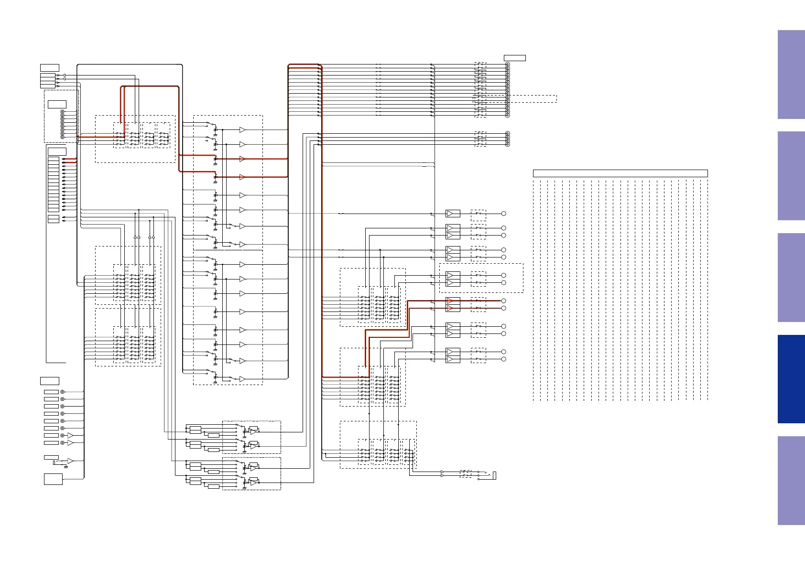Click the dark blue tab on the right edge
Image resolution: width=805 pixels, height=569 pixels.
tap(791, 379)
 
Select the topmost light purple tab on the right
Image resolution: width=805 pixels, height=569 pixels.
tap(791, 75)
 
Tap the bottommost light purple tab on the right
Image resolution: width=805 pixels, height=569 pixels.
tap(791, 480)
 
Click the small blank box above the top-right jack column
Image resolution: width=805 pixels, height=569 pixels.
tap(515, 58)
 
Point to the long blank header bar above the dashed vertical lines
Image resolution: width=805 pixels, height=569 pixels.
tap(620, 173)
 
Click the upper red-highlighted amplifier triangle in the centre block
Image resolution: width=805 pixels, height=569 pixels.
tap(242, 159)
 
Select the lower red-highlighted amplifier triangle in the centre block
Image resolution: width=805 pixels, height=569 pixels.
tap(242, 177)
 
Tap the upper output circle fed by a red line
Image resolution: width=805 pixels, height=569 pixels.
tap(503, 301)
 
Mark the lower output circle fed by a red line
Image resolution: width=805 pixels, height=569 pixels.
tap(503, 309)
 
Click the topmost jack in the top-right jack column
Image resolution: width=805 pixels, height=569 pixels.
tap(507, 64)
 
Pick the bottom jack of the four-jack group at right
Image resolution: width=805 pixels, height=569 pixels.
tap(507, 144)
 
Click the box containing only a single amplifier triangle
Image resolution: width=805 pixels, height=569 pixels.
tap(453, 214)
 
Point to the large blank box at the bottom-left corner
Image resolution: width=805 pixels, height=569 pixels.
tap(53, 479)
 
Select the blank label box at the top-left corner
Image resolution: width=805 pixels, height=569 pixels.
tap(50, 67)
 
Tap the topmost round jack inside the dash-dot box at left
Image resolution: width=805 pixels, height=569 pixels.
tap(62, 112)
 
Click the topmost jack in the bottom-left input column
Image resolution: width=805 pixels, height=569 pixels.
tap(62, 392)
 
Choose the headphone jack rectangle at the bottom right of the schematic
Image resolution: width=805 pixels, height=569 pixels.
tap(495, 475)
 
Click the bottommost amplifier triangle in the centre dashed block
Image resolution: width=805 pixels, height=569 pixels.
tap(242, 379)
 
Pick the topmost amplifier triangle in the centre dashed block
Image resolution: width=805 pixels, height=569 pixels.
tap(242, 130)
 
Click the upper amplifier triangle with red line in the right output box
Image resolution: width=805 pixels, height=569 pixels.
tap(450, 301)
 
